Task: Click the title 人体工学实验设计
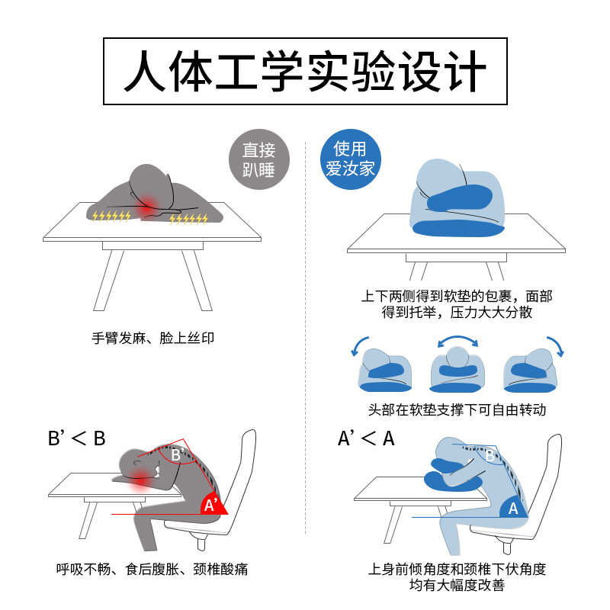[305, 72]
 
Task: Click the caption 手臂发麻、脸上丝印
[152, 336]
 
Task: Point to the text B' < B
[76, 438]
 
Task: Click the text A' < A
[367, 438]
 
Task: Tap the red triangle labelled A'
[211, 504]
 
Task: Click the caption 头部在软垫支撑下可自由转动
[457, 409]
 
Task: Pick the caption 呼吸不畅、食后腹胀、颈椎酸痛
[152, 569]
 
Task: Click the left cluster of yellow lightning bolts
[111, 216]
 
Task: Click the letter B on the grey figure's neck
[175, 454]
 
